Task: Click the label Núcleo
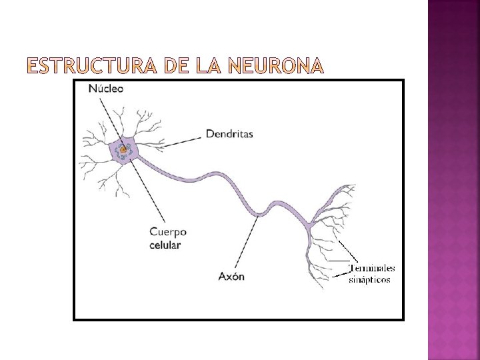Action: pos(105,88)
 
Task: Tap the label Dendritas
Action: pos(229,134)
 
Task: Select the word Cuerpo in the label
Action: pos(168,232)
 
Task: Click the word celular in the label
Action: pos(165,245)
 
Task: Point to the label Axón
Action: pos(231,275)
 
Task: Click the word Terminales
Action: pos(372,268)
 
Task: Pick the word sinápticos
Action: pos(369,279)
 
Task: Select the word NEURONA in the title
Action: pos(275,65)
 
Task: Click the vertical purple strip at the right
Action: pos(453,180)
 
